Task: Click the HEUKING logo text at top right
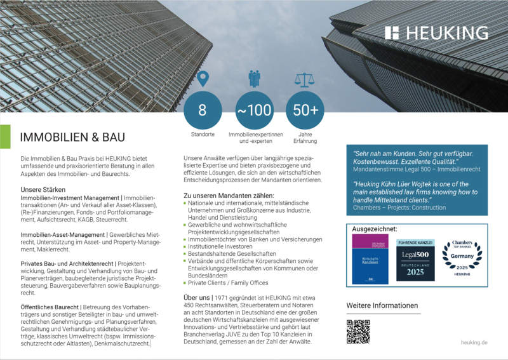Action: pyautogui.click(x=436, y=33)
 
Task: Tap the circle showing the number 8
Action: pyautogui.click(x=202, y=110)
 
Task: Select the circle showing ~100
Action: pyautogui.click(x=254, y=110)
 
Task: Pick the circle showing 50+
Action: pyautogui.click(x=305, y=110)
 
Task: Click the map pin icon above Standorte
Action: pyautogui.click(x=202, y=79)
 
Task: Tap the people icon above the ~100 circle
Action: pyautogui.click(x=254, y=79)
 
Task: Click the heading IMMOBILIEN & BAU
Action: pyautogui.click(x=72, y=137)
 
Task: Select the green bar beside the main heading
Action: pyautogui.click(x=5, y=137)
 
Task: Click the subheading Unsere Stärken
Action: pyautogui.click(x=43, y=189)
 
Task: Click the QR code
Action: pyautogui.click(x=358, y=331)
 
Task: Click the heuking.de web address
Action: pyautogui.click(x=474, y=342)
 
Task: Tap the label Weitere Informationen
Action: pyautogui.click(x=382, y=305)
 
